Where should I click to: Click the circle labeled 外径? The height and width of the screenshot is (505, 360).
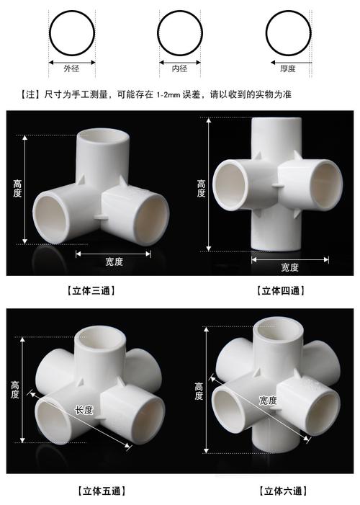[x=71, y=34]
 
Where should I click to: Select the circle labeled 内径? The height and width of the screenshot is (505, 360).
[x=180, y=34]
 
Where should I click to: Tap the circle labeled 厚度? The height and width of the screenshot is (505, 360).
[x=288, y=34]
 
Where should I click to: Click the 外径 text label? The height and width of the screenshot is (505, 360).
[x=71, y=70]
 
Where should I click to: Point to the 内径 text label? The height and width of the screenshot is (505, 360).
[x=180, y=70]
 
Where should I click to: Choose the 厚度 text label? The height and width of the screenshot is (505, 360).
[x=288, y=70]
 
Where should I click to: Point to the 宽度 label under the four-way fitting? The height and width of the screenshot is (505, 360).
[x=289, y=267]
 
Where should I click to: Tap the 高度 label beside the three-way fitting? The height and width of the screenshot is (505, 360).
[x=19, y=189]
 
